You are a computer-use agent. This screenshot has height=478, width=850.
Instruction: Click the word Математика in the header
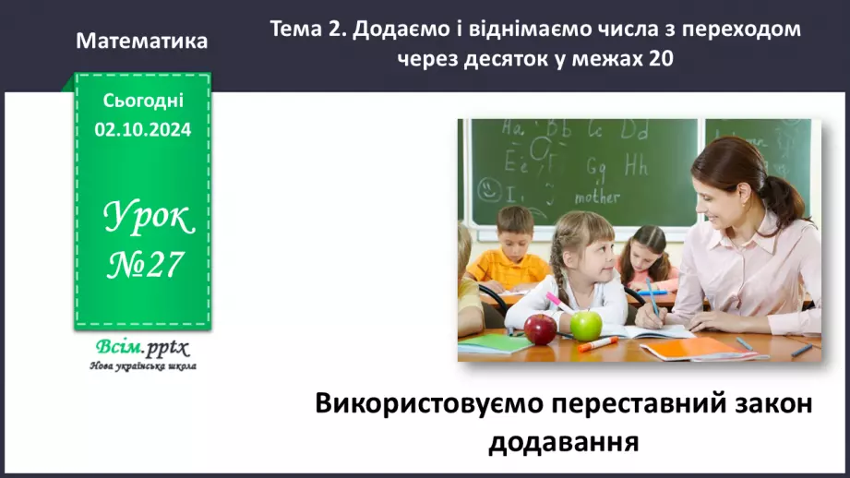point(142,42)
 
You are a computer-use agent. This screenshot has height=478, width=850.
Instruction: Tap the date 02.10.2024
point(142,130)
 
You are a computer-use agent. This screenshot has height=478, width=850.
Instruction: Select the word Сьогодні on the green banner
point(142,102)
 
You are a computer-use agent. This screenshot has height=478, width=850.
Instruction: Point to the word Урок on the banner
point(148,218)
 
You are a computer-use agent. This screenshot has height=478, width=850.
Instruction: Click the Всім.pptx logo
point(142,348)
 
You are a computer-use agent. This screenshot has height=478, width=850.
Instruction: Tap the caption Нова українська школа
point(142,365)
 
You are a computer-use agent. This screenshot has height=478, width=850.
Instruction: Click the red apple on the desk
point(540,328)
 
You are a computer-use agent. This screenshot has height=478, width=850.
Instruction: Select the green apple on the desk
point(585,325)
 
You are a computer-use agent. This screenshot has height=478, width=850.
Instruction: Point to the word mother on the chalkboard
point(597,197)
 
